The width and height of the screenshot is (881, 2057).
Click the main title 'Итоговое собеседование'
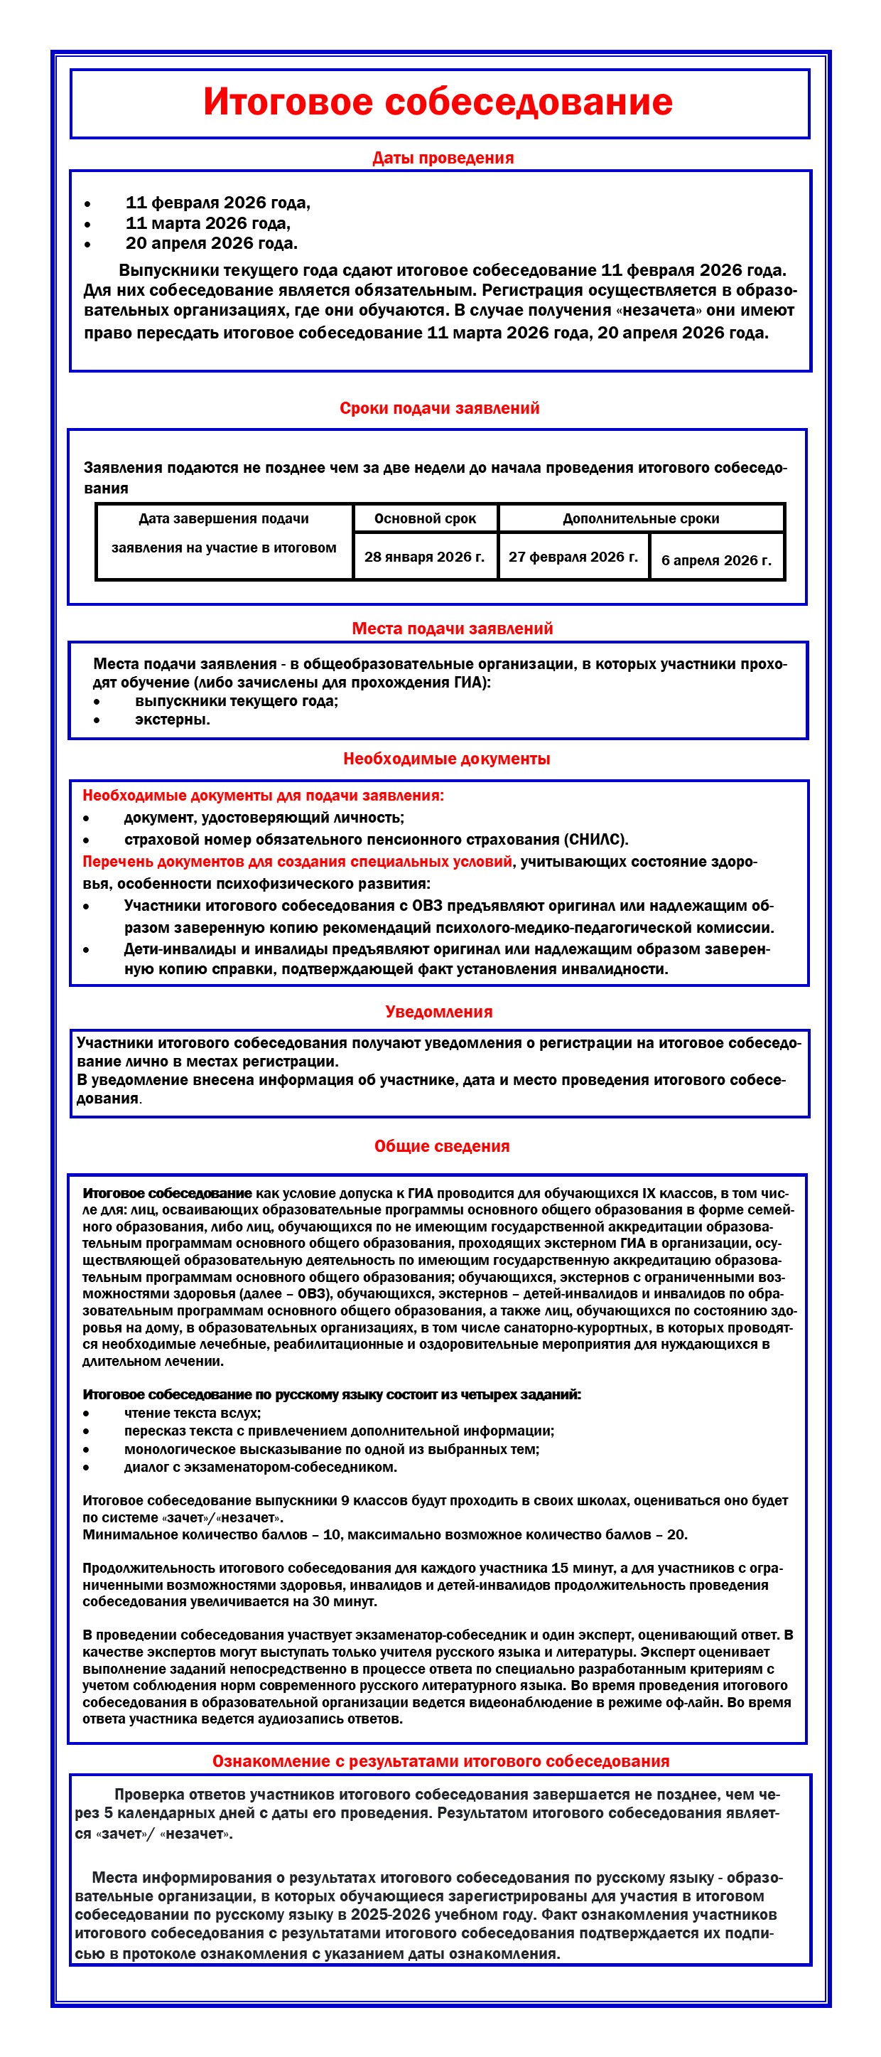(438, 102)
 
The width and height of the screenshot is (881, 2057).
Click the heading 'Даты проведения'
(443, 158)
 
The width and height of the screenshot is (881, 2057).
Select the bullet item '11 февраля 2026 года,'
(218, 203)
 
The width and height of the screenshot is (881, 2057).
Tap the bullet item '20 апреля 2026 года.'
(212, 244)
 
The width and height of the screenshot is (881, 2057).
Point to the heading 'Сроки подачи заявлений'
(440, 408)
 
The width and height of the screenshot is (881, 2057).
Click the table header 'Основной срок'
(426, 518)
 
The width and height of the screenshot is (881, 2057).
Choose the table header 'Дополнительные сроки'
(641, 518)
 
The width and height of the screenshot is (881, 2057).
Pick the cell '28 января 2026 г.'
(425, 557)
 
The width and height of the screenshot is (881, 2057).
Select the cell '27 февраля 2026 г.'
(573, 557)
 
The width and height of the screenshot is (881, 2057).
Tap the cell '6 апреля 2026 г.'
(717, 560)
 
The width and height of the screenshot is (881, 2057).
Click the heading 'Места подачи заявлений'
(453, 629)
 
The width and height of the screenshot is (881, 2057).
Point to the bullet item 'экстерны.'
(173, 720)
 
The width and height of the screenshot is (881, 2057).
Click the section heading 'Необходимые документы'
(447, 759)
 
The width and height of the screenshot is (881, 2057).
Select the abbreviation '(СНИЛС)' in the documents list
(597, 839)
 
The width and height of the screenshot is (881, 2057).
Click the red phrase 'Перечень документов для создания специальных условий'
(298, 862)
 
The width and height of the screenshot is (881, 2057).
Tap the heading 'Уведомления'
(439, 1012)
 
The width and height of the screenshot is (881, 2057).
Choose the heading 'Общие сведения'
(442, 1146)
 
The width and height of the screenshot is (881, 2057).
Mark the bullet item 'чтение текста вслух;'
(193, 1413)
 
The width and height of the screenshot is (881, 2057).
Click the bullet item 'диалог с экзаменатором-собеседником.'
(260, 1467)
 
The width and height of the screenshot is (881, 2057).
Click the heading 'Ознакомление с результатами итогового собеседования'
(440, 1761)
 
